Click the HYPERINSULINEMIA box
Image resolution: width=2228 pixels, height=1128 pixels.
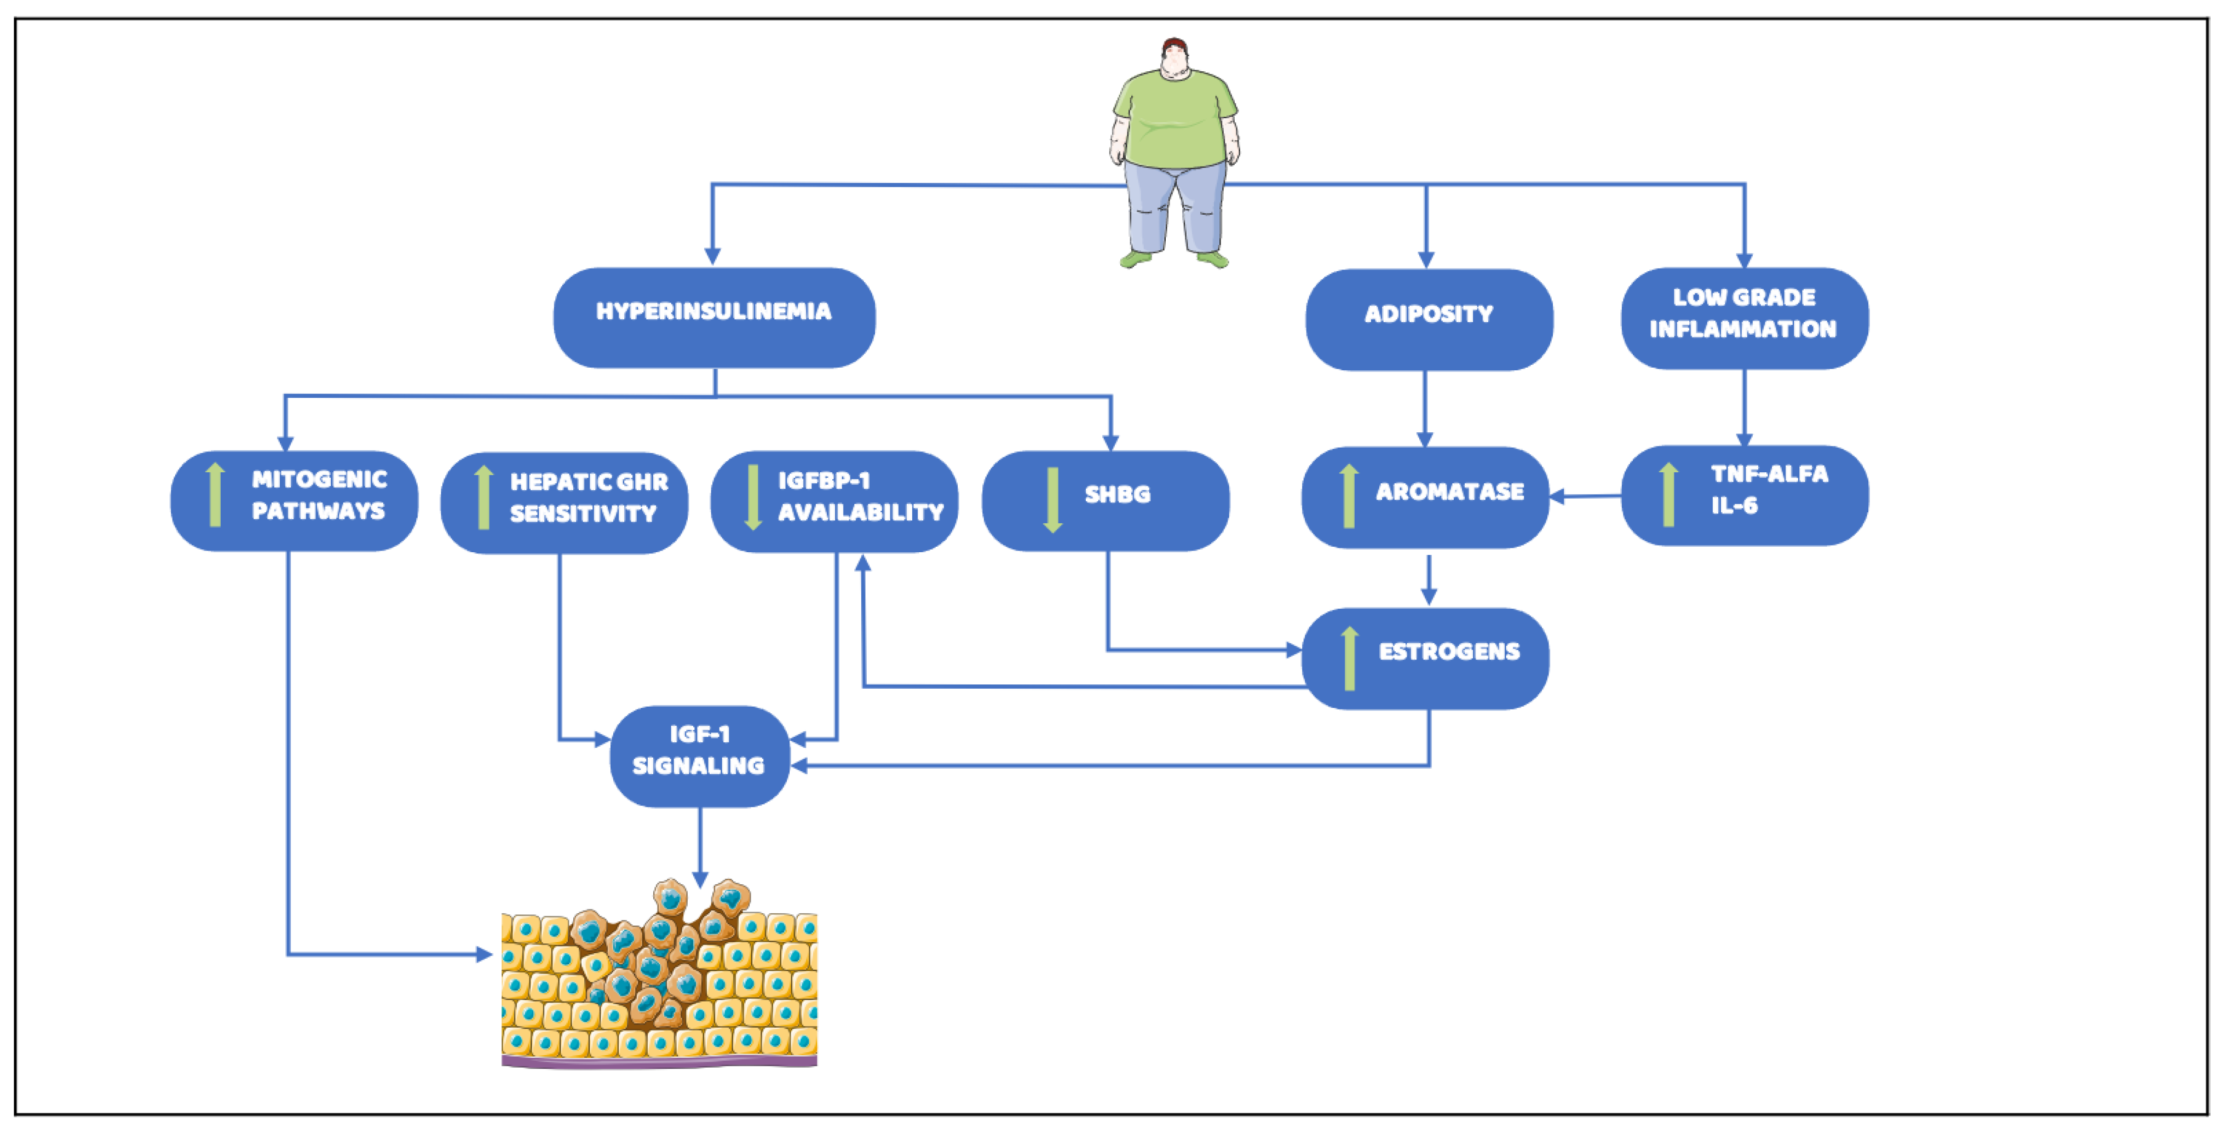coord(713,317)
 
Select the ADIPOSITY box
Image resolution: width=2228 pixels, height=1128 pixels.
coord(1429,319)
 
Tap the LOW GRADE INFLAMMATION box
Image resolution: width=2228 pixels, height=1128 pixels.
coord(1743,317)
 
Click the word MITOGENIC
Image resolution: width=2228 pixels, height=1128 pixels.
coord(319,479)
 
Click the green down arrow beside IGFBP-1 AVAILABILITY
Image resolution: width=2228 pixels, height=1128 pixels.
coord(752,497)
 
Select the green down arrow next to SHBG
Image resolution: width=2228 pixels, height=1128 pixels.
coord(1052,500)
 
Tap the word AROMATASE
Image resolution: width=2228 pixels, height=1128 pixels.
coord(1449,491)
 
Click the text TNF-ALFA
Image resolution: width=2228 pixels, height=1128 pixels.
coord(1769,474)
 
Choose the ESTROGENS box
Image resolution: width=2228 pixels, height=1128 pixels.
coord(1425,659)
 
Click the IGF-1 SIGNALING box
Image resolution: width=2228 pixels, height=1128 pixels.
coord(699,756)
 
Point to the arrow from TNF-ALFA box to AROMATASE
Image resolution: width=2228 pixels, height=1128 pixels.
coord(1585,496)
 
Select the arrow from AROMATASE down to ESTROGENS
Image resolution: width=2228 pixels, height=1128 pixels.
coord(1429,580)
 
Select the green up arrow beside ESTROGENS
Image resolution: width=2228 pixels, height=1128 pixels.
coord(1349,659)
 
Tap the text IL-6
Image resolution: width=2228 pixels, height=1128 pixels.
coord(1734,505)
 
